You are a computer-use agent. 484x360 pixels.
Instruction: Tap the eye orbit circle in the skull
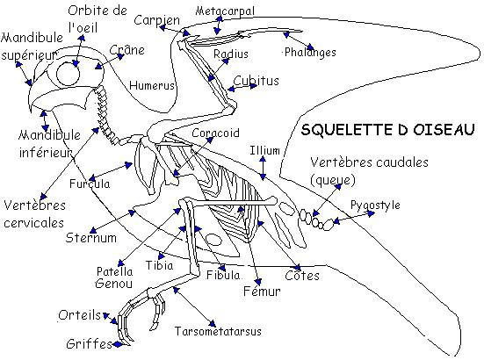(x=57, y=74)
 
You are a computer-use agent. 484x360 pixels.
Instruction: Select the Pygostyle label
(x=375, y=205)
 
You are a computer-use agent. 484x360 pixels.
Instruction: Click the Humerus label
(x=152, y=85)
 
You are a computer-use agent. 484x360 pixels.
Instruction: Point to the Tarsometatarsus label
(x=218, y=331)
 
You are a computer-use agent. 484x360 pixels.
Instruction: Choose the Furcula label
(x=90, y=184)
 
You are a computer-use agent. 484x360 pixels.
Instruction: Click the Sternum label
(x=91, y=238)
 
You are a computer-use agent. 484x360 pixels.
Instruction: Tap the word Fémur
(x=262, y=291)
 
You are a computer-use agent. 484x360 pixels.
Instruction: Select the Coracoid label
(x=215, y=133)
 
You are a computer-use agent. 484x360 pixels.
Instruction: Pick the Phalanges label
(x=310, y=53)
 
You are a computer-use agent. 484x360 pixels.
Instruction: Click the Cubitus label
(x=256, y=81)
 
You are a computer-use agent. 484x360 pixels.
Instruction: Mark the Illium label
(x=264, y=150)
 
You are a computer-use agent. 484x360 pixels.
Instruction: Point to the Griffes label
(x=89, y=343)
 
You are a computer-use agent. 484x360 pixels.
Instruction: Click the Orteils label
(x=80, y=315)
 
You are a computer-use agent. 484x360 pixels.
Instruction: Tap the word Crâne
(x=126, y=50)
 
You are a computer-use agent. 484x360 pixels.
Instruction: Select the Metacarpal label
(x=225, y=11)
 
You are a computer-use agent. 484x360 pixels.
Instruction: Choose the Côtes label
(x=302, y=276)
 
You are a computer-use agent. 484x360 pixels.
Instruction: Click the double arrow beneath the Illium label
(x=263, y=168)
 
